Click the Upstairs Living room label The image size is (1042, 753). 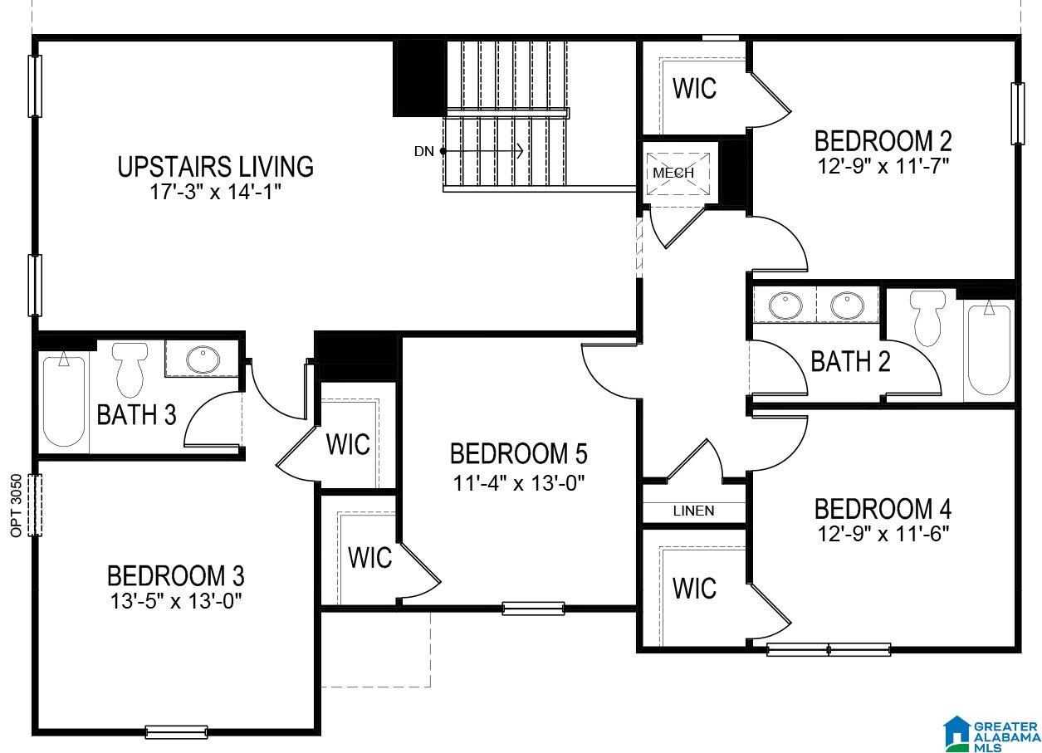215,167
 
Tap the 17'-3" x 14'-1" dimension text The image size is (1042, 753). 216,192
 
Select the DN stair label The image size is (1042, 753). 423,151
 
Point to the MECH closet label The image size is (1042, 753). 673,173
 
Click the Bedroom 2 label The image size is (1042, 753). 883,141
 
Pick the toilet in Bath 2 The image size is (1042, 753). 927,318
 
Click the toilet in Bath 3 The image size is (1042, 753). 130,369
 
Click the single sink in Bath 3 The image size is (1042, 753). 203,359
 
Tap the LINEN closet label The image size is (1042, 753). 693,511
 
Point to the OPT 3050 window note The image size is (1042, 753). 17,506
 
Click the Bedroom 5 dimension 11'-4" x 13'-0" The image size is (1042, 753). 518,484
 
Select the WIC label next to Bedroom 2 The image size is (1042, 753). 694,88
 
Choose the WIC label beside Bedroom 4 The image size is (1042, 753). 694,588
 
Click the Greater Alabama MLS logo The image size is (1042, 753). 991,733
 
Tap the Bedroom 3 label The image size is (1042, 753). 175,575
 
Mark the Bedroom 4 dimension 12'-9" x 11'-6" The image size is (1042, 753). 883,534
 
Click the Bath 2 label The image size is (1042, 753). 850,361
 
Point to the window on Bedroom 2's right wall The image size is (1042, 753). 1017,114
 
